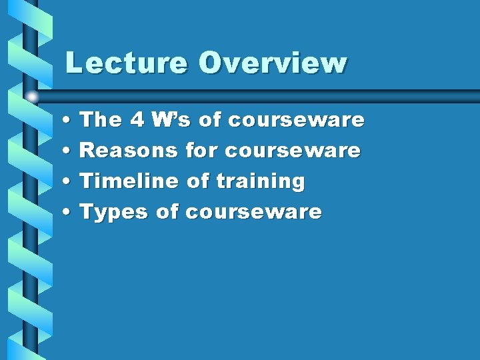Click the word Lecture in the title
(126, 63)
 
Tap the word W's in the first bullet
(172, 120)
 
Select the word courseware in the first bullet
(296, 121)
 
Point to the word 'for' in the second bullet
(201, 151)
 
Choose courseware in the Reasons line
(293, 151)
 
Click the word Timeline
(129, 181)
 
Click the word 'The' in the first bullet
(100, 120)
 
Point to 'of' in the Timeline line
(197, 181)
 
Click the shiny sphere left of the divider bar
(32, 97)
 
